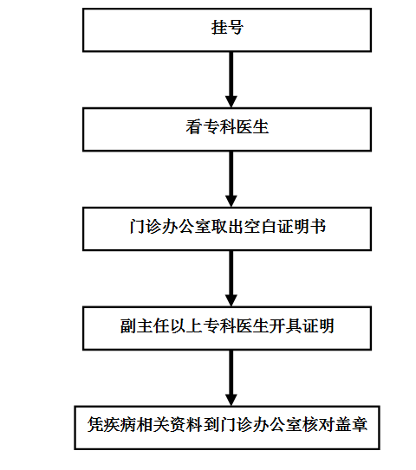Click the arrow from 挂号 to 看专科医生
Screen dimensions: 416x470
click(x=231, y=80)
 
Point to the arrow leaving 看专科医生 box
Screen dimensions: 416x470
click(x=231, y=179)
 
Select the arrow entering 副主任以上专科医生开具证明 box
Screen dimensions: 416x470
click(x=231, y=279)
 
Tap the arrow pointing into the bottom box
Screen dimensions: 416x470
click(x=231, y=378)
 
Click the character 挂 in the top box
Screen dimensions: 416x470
click(x=218, y=28)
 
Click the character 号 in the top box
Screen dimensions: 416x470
click(x=236, y=28)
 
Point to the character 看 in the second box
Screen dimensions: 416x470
click(x=194, y=126)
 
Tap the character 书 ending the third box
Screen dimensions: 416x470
click(x=318, y=226)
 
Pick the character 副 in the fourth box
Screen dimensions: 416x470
click(x=128, y=325)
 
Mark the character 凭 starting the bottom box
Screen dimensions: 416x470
click(x=95, y=425)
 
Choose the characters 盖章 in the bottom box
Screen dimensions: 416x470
click(x=351, y=425)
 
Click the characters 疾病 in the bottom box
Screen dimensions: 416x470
click(x=120, y=425)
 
